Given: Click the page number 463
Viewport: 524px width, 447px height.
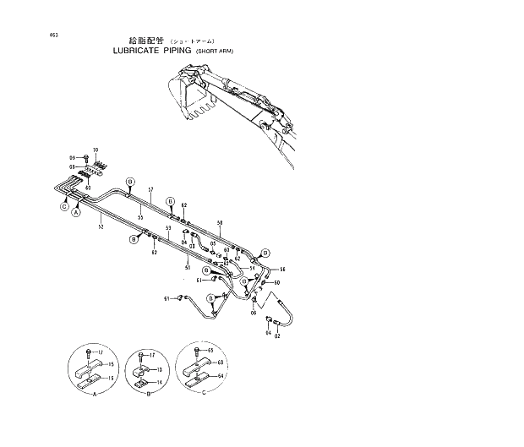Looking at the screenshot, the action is [x=32, y=35].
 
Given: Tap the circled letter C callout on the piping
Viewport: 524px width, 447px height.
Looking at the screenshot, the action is [x=63, y=206].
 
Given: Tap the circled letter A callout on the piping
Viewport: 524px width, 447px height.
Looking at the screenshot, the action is [x=75, y=215].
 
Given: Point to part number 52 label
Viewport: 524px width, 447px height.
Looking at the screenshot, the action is [x=101, y=225].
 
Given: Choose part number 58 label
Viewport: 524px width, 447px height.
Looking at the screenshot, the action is [x=220, y=224].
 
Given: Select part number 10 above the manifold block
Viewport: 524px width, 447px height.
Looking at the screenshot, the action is [x=96, y=150].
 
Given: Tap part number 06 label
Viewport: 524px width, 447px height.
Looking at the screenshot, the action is [x=253, y=312].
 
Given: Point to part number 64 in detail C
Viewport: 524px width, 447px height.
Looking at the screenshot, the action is [x=221, y=375].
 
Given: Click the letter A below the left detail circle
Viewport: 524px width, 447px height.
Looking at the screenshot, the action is [x=95, y=395].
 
